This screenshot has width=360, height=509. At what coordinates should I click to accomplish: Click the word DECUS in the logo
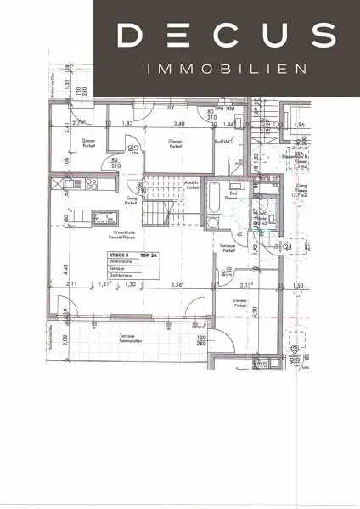point(224,35)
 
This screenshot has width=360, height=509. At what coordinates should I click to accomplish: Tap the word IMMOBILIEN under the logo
point(225,69)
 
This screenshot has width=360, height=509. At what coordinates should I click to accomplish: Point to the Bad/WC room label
point(224,143)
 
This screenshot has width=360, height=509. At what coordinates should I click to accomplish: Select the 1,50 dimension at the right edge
point(296,285)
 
